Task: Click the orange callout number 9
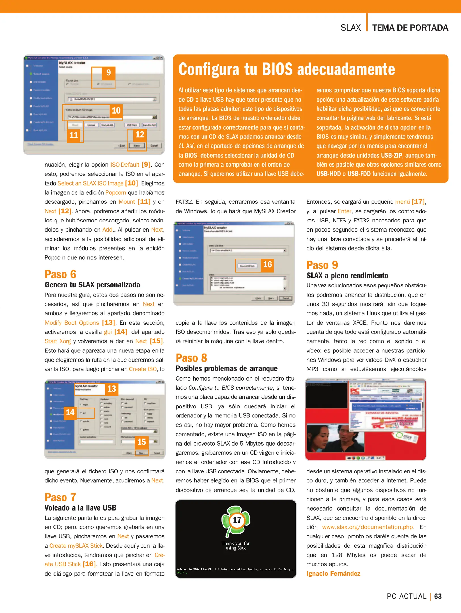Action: pyautogui.click(x=108, y=73)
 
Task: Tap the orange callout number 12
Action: pyautogui.click(x=140, y=135)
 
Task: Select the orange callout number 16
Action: pyautogui.click(x=267, y=265)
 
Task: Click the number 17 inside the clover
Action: pyautogui.click(x=237, y=520)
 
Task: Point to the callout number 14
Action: pyautogui.click(x=70, y=412)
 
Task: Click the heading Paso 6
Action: pyautogui.click(x=60, y=274)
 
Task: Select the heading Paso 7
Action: pyautogui.click(x=60, y=497)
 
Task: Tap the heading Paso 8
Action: pyautogui.click(x=191, y=358)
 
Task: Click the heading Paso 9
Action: pyautogui.click(x=322, y=265)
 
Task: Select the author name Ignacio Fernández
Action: pyautogui.click(x=333, y=574)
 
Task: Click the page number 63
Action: pyautogui.click(x=438, y=596)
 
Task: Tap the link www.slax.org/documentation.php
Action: pyautogui.click(x=367, y=527)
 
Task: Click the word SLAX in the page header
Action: pyautogui.click(x=350, y=28)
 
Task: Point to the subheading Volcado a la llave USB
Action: pyautogui.click(x=80, y=508)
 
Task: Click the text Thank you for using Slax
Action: pyautogui.click(x=236, y=545)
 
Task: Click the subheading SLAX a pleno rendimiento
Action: pyautogui.click(x=347, y=276)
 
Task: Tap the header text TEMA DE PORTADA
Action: pyautogui.click(x=410, y=28)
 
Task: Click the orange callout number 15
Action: pyautogui.click(x=141, y=442)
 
